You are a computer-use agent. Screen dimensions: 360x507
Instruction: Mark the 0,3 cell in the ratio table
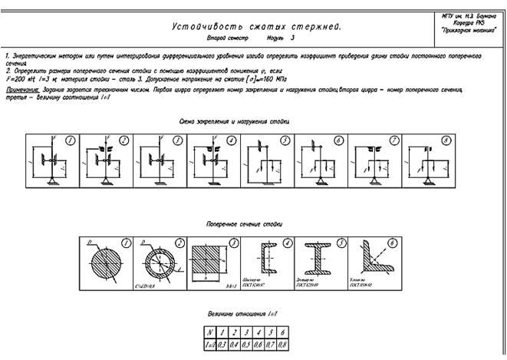219,346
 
